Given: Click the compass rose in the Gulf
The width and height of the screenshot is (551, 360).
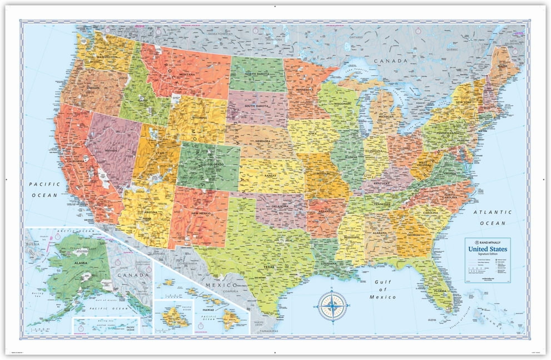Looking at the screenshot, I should tap(332, 306).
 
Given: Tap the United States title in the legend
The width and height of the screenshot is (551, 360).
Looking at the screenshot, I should tap(488, 249).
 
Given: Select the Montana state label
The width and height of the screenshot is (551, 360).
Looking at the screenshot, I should tap(187, 74).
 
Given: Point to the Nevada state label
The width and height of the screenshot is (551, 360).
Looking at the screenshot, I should tap(111, 151).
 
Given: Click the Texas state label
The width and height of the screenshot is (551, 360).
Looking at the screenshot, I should tap(269, 267).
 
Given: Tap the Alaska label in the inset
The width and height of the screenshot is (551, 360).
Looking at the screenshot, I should tap(81, 263).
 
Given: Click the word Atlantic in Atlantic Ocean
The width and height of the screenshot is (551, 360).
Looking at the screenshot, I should tap(493, 212).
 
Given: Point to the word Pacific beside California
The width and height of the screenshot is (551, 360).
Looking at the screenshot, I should tap(45, 184).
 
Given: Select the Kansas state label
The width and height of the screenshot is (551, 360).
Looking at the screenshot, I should tap(270, 176).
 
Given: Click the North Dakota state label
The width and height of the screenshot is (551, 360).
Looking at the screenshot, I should tap(257, 74).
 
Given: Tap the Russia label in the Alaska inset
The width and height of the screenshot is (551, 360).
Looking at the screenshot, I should tap(33, 244).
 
